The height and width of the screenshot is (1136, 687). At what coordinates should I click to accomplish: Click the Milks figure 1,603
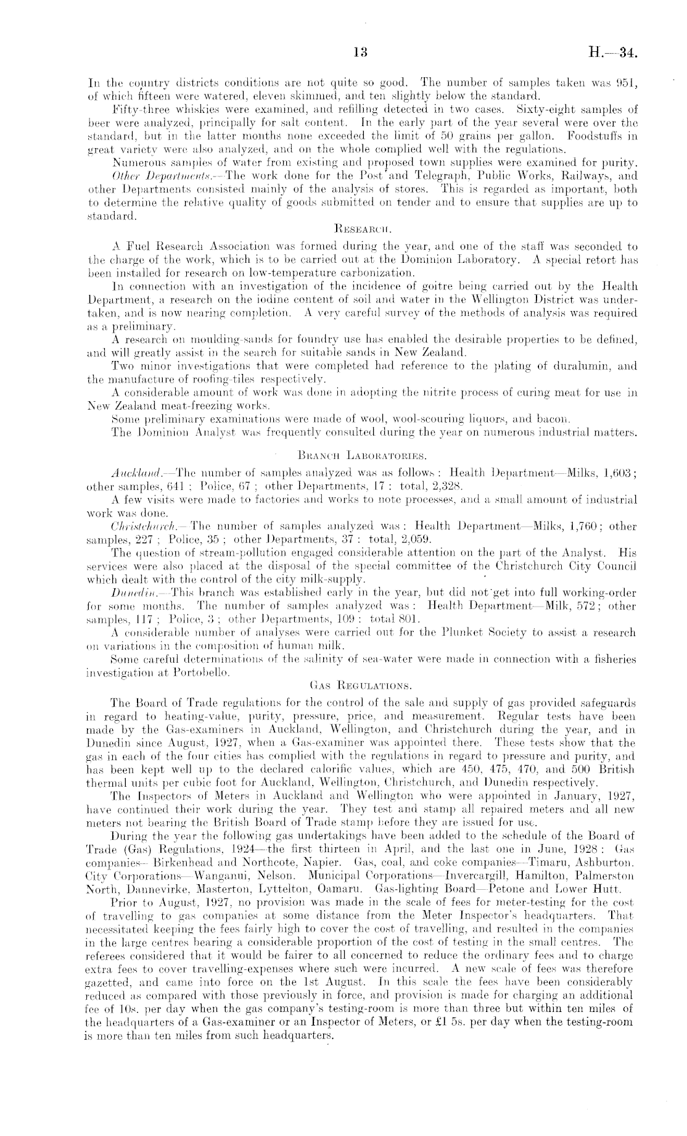pyautogui.click(x=617, y=472)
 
